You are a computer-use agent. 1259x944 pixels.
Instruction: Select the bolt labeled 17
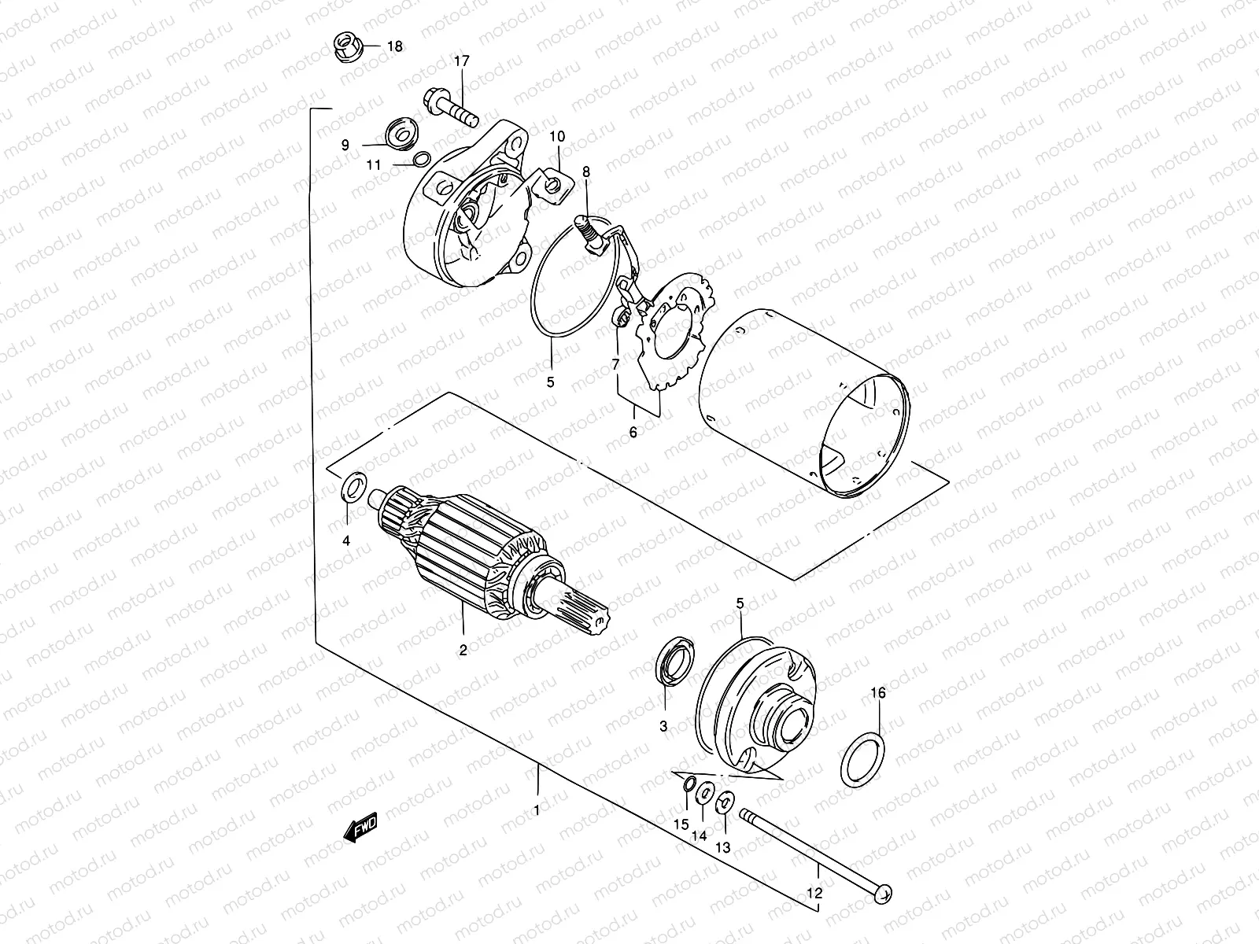[452, 109]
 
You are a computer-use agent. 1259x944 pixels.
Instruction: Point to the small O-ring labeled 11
[421, 160]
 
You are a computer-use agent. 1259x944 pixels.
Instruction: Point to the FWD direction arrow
[361, 827]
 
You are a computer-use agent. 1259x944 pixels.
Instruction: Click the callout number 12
[814, 894]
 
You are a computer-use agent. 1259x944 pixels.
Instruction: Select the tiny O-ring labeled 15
[689, 784]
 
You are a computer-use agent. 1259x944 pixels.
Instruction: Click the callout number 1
[537, 809]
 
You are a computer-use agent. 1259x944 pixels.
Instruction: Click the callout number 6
[633, 431]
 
